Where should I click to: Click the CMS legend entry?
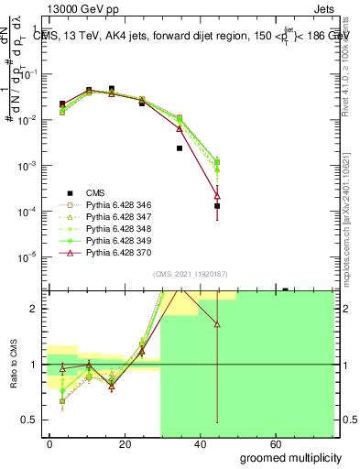pos(95,192)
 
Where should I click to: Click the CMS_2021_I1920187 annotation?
pos(190,275)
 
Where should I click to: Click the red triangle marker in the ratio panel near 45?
pos(217,324)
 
